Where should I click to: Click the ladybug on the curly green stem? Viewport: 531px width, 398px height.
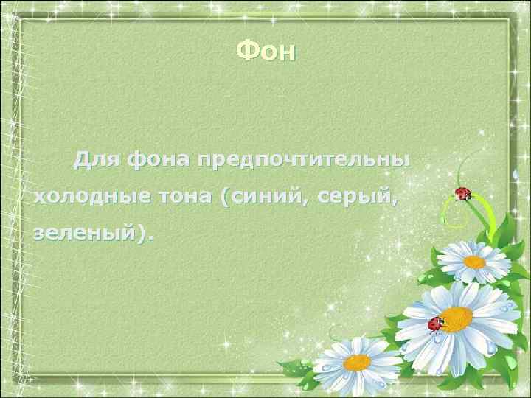(x=463, y=195)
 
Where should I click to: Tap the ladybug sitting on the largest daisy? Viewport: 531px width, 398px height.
(x=437, y=323)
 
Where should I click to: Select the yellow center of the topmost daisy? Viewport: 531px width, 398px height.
(x=474, y=261)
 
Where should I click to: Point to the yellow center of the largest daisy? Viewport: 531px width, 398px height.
(x=457, y=318)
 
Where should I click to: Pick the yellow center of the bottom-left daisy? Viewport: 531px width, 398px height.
(x=358, y=362)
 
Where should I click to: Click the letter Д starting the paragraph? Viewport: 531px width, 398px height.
(x=83, y=158)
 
